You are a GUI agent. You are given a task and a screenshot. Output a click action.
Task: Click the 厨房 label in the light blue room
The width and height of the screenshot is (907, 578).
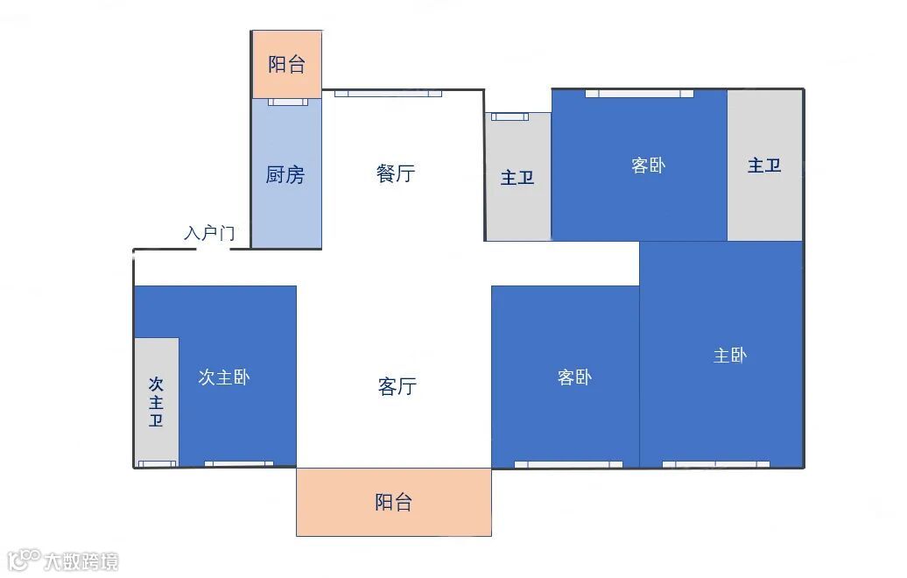(x=285, y=174)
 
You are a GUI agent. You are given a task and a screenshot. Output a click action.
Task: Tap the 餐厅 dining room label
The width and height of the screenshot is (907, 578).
(x=396, y=173)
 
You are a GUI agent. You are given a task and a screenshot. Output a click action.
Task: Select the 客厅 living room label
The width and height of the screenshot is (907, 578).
(x=397, y=385)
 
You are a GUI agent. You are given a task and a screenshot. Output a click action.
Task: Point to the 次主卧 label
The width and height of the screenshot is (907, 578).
(x=224, y=377)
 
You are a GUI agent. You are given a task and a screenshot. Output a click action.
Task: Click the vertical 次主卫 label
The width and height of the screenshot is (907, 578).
(x=156, y=402)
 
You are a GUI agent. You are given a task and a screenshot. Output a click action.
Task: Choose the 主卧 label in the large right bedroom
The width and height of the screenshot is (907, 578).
(x=730, y=355)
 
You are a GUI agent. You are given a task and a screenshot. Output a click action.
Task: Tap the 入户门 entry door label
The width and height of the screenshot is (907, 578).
(x=209, y=233)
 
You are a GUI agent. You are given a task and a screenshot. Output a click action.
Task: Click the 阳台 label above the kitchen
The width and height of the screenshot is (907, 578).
(x=286, y=64)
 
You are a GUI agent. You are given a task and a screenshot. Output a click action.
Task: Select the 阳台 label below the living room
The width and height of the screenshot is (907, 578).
(x=393, y=502)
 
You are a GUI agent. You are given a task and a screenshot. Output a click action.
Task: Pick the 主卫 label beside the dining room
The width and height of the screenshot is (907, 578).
(x=517, y=178)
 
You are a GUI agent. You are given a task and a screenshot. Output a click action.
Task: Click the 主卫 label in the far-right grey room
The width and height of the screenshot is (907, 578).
(x=764, y=165)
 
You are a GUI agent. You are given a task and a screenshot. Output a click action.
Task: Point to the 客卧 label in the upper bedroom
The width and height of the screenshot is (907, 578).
(x=648, y=165)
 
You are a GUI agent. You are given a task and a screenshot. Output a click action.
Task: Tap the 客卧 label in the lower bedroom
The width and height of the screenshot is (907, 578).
(x=574, y=377)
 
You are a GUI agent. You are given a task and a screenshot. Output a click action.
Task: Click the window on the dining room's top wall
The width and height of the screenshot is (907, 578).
(x=388, y=94)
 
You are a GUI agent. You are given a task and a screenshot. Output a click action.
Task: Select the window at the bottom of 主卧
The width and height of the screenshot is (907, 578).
(x=715, y=464)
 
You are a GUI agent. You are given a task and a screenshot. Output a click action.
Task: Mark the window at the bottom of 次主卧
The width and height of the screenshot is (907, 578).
(x=238, y=464)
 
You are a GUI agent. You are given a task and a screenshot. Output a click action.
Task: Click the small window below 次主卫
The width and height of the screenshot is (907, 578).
(x=157, y=464)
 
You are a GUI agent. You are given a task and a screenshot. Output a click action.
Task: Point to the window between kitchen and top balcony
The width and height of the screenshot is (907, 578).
(x=288, y=102)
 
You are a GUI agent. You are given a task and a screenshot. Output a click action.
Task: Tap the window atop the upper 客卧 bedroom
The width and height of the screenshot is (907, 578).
(x=639, y=94)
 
